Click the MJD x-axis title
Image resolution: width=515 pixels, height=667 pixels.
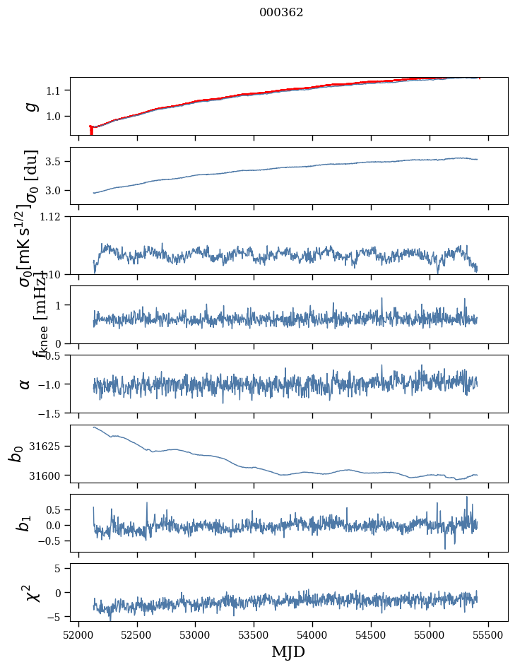click(x=288, y=651)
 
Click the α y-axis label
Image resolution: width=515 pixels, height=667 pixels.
click(x=25, y=384)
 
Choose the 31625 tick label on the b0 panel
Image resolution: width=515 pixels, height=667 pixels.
click(x=49, y=447)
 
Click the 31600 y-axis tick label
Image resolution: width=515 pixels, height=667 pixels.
click(x=49, y=476)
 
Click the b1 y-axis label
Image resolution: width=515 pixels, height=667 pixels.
click(x=24, y=524)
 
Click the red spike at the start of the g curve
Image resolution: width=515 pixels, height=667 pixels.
click(x=91, y=130)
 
